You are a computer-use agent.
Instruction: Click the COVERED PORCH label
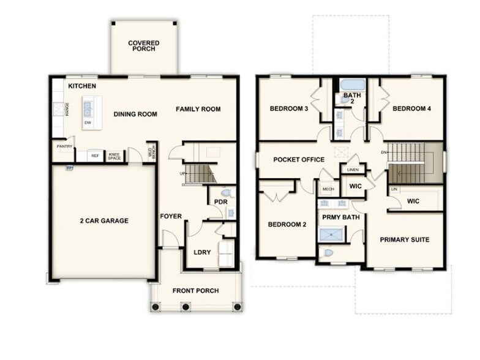point(144,46)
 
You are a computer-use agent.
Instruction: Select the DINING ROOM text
point(135,114)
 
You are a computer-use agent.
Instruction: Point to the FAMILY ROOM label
point(198,109)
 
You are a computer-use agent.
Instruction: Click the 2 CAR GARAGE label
point(104,220)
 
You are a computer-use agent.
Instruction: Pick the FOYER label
point(170,217)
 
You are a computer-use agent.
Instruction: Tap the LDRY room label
point(202,252)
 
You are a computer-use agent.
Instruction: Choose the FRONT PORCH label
point(195,290)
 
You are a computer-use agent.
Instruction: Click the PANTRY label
point(64,146)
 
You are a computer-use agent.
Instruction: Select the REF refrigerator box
point(95,156)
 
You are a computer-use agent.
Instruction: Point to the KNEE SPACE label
point(114,156)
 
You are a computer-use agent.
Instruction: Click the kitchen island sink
point(88,109)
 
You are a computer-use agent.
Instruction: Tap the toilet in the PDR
point(224,193)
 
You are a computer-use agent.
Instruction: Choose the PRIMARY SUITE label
point(404,239)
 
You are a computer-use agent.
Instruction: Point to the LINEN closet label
point(352,169)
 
